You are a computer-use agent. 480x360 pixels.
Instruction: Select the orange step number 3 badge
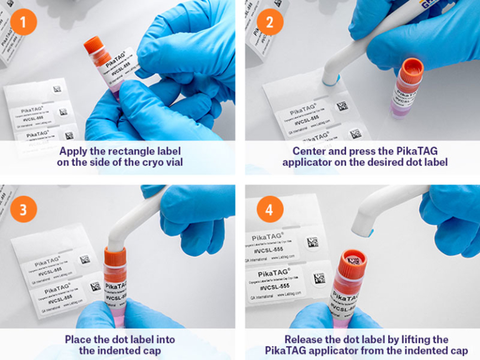click(23, 209)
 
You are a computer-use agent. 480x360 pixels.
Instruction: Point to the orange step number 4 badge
click(269, 209)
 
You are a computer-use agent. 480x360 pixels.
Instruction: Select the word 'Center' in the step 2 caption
click(311, 151)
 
